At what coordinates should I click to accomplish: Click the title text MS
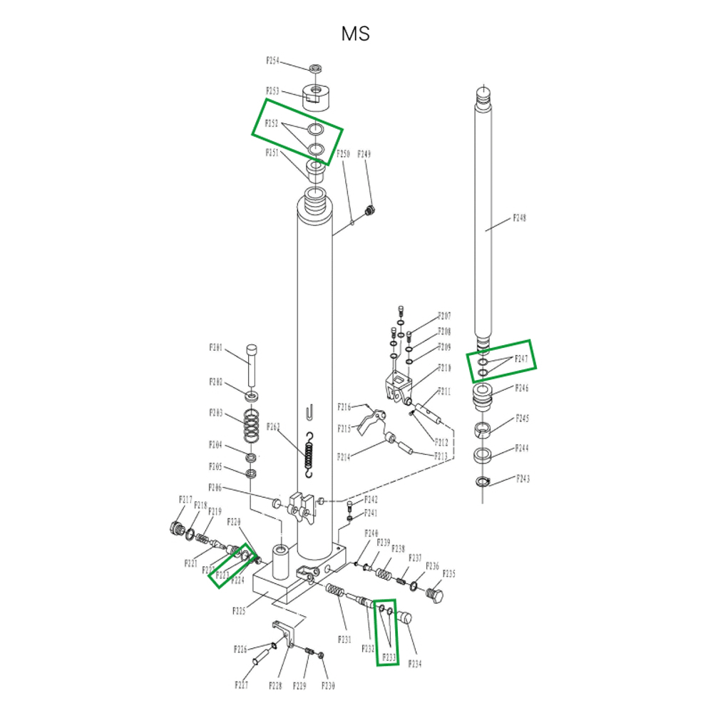point(356,34)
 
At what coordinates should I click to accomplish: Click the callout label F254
point(272,61)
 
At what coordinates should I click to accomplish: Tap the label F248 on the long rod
point(520,219)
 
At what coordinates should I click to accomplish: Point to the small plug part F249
point(369,210)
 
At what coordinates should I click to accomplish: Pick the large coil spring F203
point(251,426)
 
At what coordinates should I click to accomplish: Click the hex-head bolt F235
point(436,593)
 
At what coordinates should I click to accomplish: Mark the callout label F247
point(523,359)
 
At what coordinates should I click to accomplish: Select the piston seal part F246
point(483,396)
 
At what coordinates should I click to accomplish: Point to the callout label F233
point(389,657)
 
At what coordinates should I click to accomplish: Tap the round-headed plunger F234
point(406,617)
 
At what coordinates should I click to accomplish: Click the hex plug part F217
point(173,528)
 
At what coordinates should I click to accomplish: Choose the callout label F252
point(272,123)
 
